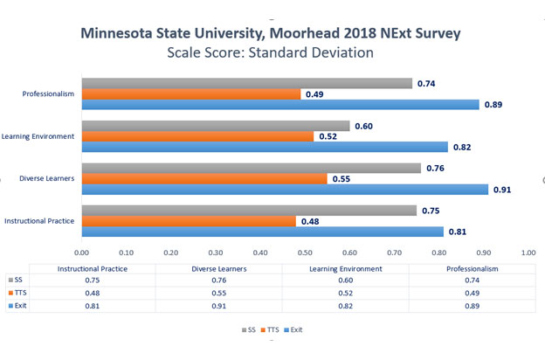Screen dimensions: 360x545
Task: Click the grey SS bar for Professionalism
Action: tap(246, 83)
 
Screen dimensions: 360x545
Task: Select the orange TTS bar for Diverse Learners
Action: tap(204, 178)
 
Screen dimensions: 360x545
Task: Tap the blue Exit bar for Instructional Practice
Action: tap(262, 232)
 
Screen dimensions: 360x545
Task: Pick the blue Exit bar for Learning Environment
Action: tap(265, 147)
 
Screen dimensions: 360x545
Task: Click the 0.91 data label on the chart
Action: tap(503, 189)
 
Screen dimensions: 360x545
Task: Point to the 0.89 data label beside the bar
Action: tap(494, 105)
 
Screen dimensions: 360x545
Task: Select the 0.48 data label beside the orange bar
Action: tap(311, 221)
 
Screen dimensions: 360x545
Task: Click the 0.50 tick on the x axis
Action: tap(305, 252)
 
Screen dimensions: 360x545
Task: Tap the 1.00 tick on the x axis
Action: tap(528, 252)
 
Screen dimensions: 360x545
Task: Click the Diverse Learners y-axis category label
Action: tap(46, 178)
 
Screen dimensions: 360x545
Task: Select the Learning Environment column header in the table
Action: tap(347, 269)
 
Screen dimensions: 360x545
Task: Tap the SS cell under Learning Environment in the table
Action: tap(347, 281)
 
